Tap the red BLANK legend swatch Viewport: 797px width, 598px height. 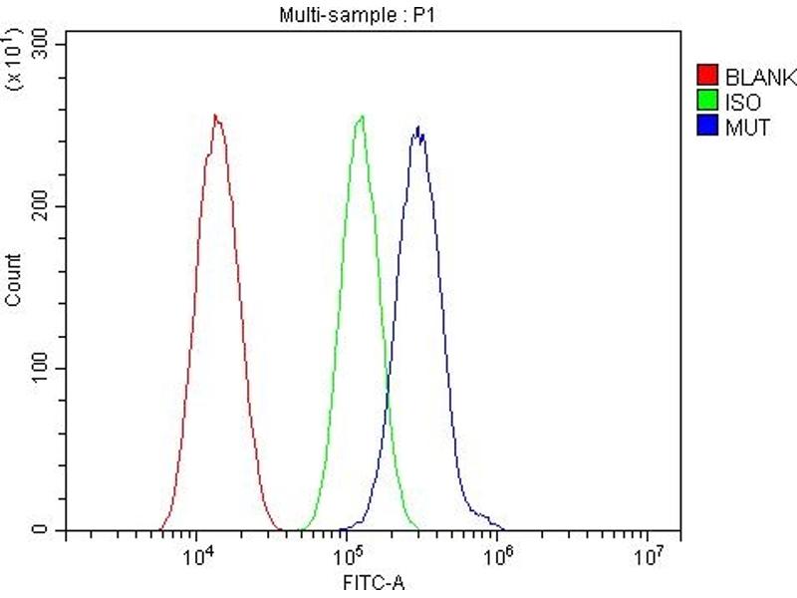point(706,76)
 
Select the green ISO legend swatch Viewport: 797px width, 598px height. point(706,102)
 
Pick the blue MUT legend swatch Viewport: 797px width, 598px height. point(706,128)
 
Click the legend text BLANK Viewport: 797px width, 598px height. point(759,76)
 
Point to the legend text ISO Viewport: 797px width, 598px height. point(743,102)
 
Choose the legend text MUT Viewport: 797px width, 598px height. point(747,128)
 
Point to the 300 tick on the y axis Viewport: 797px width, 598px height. point(41,44)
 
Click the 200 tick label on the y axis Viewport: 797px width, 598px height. point(41,206)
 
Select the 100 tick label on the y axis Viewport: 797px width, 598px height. point(41,368)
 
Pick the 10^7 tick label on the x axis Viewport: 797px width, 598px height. point(649,555)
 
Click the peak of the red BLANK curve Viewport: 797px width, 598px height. point(215,115)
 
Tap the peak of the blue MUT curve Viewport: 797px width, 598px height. point(418,127)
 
